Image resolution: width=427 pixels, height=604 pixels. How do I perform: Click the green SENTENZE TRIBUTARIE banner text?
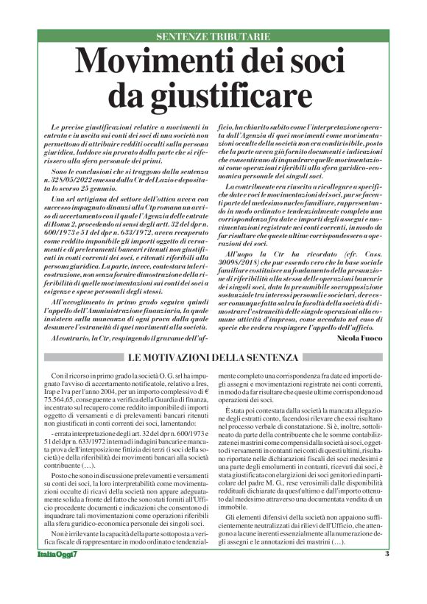[213, 35]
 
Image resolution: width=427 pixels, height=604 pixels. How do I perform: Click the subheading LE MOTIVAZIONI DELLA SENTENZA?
[213, 358]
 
